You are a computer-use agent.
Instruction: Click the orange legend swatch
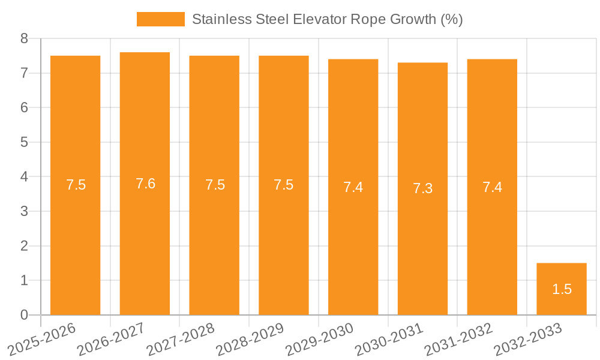click(x=160, y=19)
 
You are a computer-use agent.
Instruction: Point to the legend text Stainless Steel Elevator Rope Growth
click(x=327, y=19)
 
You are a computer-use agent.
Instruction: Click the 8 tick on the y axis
click(x=25, y=38)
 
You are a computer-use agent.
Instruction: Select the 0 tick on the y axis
click(x=25, y=315)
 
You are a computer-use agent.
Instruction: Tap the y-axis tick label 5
click(x=25, y=142)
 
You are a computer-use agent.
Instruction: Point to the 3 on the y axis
click(x=25, y=211)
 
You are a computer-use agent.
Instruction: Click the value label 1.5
click(x=562, y=289)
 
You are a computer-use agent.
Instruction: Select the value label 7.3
click(x=422, y=188)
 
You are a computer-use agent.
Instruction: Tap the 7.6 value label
click(x=145, y=184)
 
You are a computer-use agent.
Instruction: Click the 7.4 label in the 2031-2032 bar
click(x=492, y=187)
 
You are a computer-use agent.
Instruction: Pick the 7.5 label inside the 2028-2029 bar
click(x=283, y=185)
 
